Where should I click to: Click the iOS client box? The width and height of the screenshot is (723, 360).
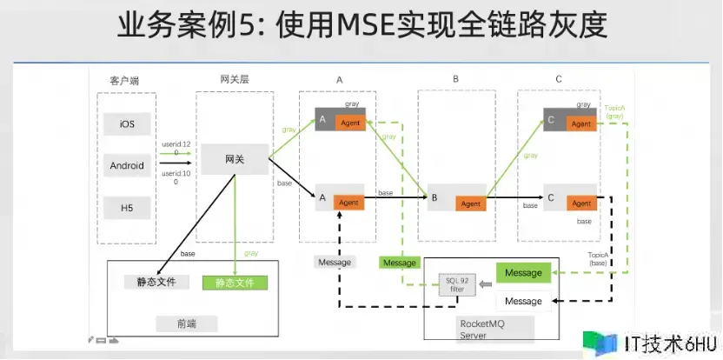[127, 123]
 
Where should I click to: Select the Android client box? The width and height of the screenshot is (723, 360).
[127, 165]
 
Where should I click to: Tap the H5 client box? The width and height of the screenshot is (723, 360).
[127, 208]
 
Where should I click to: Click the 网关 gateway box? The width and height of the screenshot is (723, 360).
[235, 160]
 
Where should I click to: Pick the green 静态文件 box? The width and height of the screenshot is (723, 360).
[235, 282]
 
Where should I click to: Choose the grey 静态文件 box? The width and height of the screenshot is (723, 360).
[157, 282]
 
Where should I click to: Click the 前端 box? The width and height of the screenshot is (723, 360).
[186, 323]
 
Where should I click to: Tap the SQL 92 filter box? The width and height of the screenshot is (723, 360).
[456, 285]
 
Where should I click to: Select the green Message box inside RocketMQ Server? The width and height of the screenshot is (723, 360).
[523, 273]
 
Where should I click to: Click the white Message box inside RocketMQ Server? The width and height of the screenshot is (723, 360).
[523, 301]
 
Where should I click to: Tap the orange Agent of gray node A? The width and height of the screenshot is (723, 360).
[349, 123]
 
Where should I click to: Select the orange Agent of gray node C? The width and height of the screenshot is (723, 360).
[580, 123]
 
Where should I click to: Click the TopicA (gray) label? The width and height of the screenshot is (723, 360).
[614, 110]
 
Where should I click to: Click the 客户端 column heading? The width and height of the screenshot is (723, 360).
[124, 81]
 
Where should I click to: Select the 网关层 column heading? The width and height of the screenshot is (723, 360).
[235, 79]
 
